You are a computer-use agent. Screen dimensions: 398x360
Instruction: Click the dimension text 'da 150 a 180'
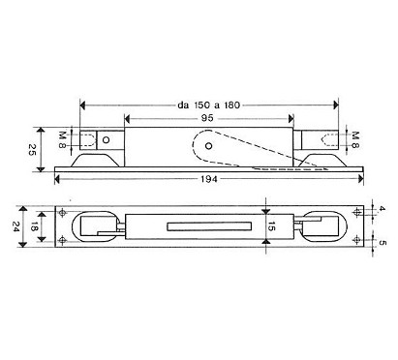[x=209, y=105]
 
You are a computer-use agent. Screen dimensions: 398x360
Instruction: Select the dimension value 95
[x=207, y=118]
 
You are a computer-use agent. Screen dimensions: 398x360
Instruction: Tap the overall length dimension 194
[x=209, y=179]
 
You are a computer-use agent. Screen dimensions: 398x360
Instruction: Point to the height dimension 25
[x=31, y=149]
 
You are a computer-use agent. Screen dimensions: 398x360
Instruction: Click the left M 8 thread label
[x=63, y=139]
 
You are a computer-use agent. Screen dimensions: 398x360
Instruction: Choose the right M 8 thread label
[x=355, y=139]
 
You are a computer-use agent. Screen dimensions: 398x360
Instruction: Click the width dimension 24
[x=15, y=225]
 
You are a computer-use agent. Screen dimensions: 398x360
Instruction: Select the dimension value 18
[x=33, y=226]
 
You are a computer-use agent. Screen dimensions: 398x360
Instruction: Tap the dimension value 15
[x=272, y=226]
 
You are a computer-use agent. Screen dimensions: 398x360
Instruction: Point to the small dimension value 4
[x=382, y=209]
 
